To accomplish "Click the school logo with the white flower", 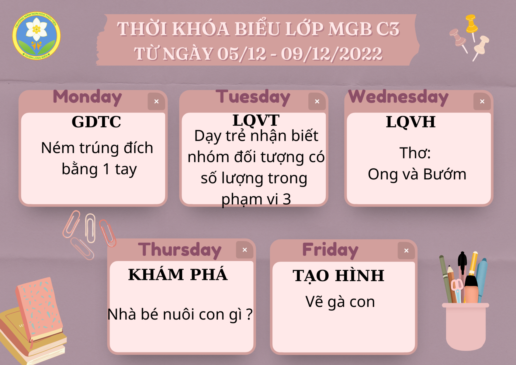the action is coord(36,36).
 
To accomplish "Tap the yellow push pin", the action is coord(471,26).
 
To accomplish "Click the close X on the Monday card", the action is coord(156,101).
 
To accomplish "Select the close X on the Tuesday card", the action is coord(317,101).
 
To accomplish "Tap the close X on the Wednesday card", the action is coord(482,101).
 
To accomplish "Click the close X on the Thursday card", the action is coord(245,250).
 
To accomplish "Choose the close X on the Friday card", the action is coord(406,250).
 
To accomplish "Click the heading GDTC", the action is coord(96,122).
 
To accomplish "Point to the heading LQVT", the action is coord(256,120).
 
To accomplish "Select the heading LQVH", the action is coord(411,122).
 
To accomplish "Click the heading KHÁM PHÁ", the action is coord(178,274).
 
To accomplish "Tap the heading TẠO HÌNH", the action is coord(338,276).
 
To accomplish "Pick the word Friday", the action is coord(330,250).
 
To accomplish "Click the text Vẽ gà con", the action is coord(340,302).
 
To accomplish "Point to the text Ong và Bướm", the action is coord(417,174).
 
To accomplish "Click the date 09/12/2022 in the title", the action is coord(332,54).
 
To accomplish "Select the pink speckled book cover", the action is coord(40,308).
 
